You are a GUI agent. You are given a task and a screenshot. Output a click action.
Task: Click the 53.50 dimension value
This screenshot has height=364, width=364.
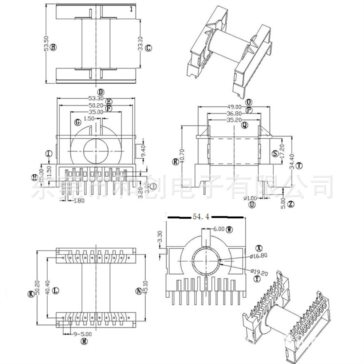pyautogui.click(x=46, y=44)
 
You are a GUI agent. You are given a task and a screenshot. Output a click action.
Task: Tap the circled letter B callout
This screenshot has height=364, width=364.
pyautogui.click(x=54, y=47)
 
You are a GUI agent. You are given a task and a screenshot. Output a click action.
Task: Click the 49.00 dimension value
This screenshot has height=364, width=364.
pyautogui.click(x=234, y=107)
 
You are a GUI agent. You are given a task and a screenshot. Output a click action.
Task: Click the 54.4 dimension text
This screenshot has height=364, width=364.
pyautogui.click(x=201, y=217)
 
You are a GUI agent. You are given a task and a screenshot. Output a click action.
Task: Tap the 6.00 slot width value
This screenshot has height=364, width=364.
pyautogui.click(x=218, y=229)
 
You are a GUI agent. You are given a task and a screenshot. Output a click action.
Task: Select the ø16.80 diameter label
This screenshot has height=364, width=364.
pyautogui.click(x=259, y=256)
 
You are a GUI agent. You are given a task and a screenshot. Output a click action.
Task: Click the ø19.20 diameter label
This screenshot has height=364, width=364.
pyautogui.click(x=259, y=271)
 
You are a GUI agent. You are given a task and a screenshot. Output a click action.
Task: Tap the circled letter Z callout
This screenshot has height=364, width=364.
pyautogui.click(x=290, y=204)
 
